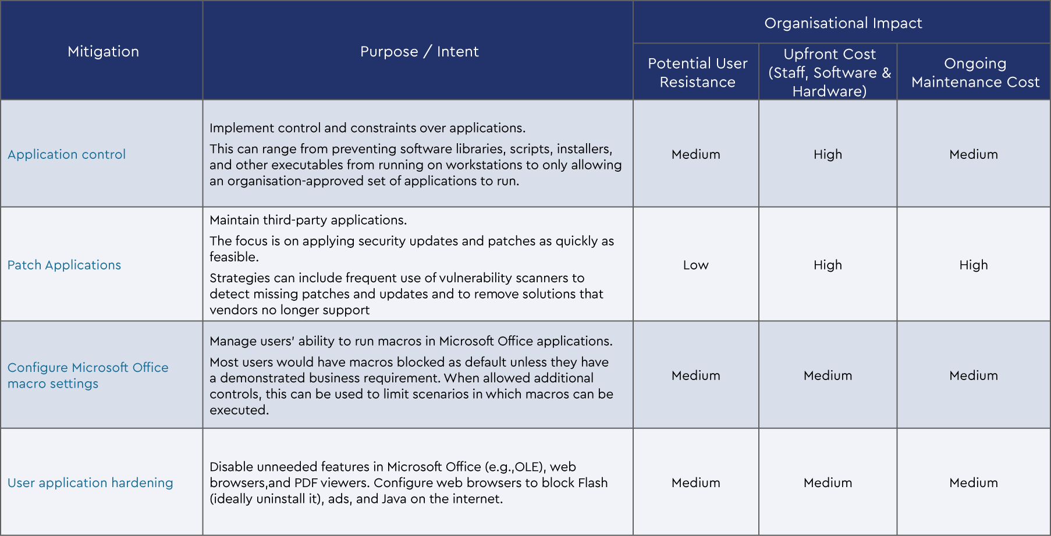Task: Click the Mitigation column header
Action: click(x=103, y=52)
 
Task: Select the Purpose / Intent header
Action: click(x=419, y=52)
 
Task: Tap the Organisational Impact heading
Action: click(x=843, y=23)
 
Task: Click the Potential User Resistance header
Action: click(x=697, y=73)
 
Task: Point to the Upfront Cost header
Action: click(x=829, y=73)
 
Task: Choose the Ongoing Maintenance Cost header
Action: click(x=975, y=73)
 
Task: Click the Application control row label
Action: click(x=66, y=154)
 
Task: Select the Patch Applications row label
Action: click(x=64, y=265)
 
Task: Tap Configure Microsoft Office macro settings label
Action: click(x=87, y=375)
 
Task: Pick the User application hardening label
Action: click(x=90, y=482)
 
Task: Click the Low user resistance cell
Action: click(x=695, y=265)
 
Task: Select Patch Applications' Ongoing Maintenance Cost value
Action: click(x=973, y=265)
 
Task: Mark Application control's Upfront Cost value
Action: click(x=828, y=154)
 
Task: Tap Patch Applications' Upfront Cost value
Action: click(x=828, y=265)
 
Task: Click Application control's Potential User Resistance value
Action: click(x=695, y=154)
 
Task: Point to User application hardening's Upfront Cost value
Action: click(x=828, y=482)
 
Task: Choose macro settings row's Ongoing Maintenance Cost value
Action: click(x=973, y=375)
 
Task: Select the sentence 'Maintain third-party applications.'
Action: click(x=308, y=220)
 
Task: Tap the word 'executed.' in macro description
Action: click(x=239, y=410)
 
